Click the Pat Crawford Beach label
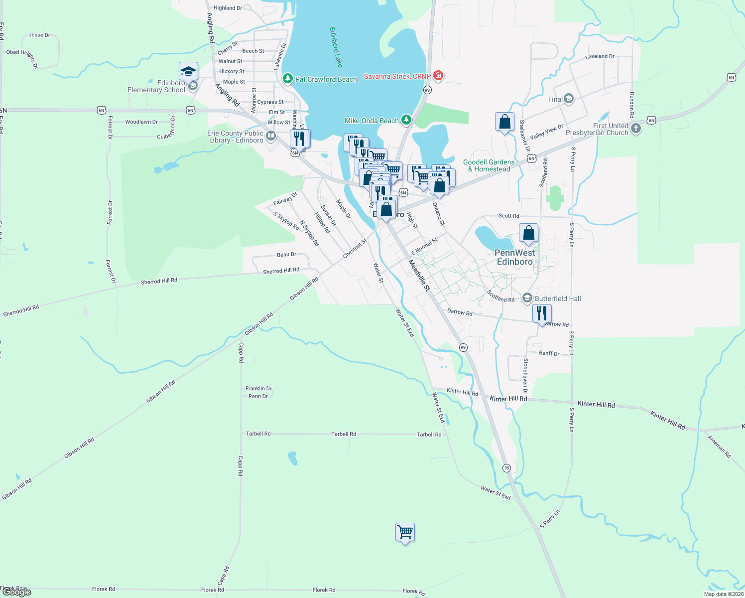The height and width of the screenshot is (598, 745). (x=326, y=79)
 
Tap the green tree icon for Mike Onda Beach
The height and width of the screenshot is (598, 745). (x=406, y=120)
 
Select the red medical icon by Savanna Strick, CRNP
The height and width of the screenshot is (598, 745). (x=438, y=76)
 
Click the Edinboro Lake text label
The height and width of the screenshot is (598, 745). (x=336, y=47)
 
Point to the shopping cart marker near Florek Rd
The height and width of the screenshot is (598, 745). (x=405, y=533)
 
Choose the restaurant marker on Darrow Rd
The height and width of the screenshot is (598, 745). (x=542, y=313)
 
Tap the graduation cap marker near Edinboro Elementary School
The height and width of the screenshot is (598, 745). (x=188, y=72)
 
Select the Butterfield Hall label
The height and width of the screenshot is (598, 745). (x=558, y=299)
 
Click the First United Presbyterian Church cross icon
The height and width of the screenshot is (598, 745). (x=635, y=128)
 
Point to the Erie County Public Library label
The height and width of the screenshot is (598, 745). (x=236, y=137)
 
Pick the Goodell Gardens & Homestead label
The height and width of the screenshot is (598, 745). (x=489, y=165)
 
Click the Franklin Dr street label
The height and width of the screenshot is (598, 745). (x=258, y=389)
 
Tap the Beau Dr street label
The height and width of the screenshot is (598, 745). (x=286, y=255)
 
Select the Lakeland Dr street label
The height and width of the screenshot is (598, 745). (x=600, y=57)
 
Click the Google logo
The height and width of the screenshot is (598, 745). (x=16, y=592)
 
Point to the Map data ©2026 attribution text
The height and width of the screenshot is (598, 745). (x=724, y=594)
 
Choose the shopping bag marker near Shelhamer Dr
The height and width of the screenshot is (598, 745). (x=504, y=122)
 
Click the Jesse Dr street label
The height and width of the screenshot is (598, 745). (x=39, y=35)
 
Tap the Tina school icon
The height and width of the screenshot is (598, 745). (x=568, y=99)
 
